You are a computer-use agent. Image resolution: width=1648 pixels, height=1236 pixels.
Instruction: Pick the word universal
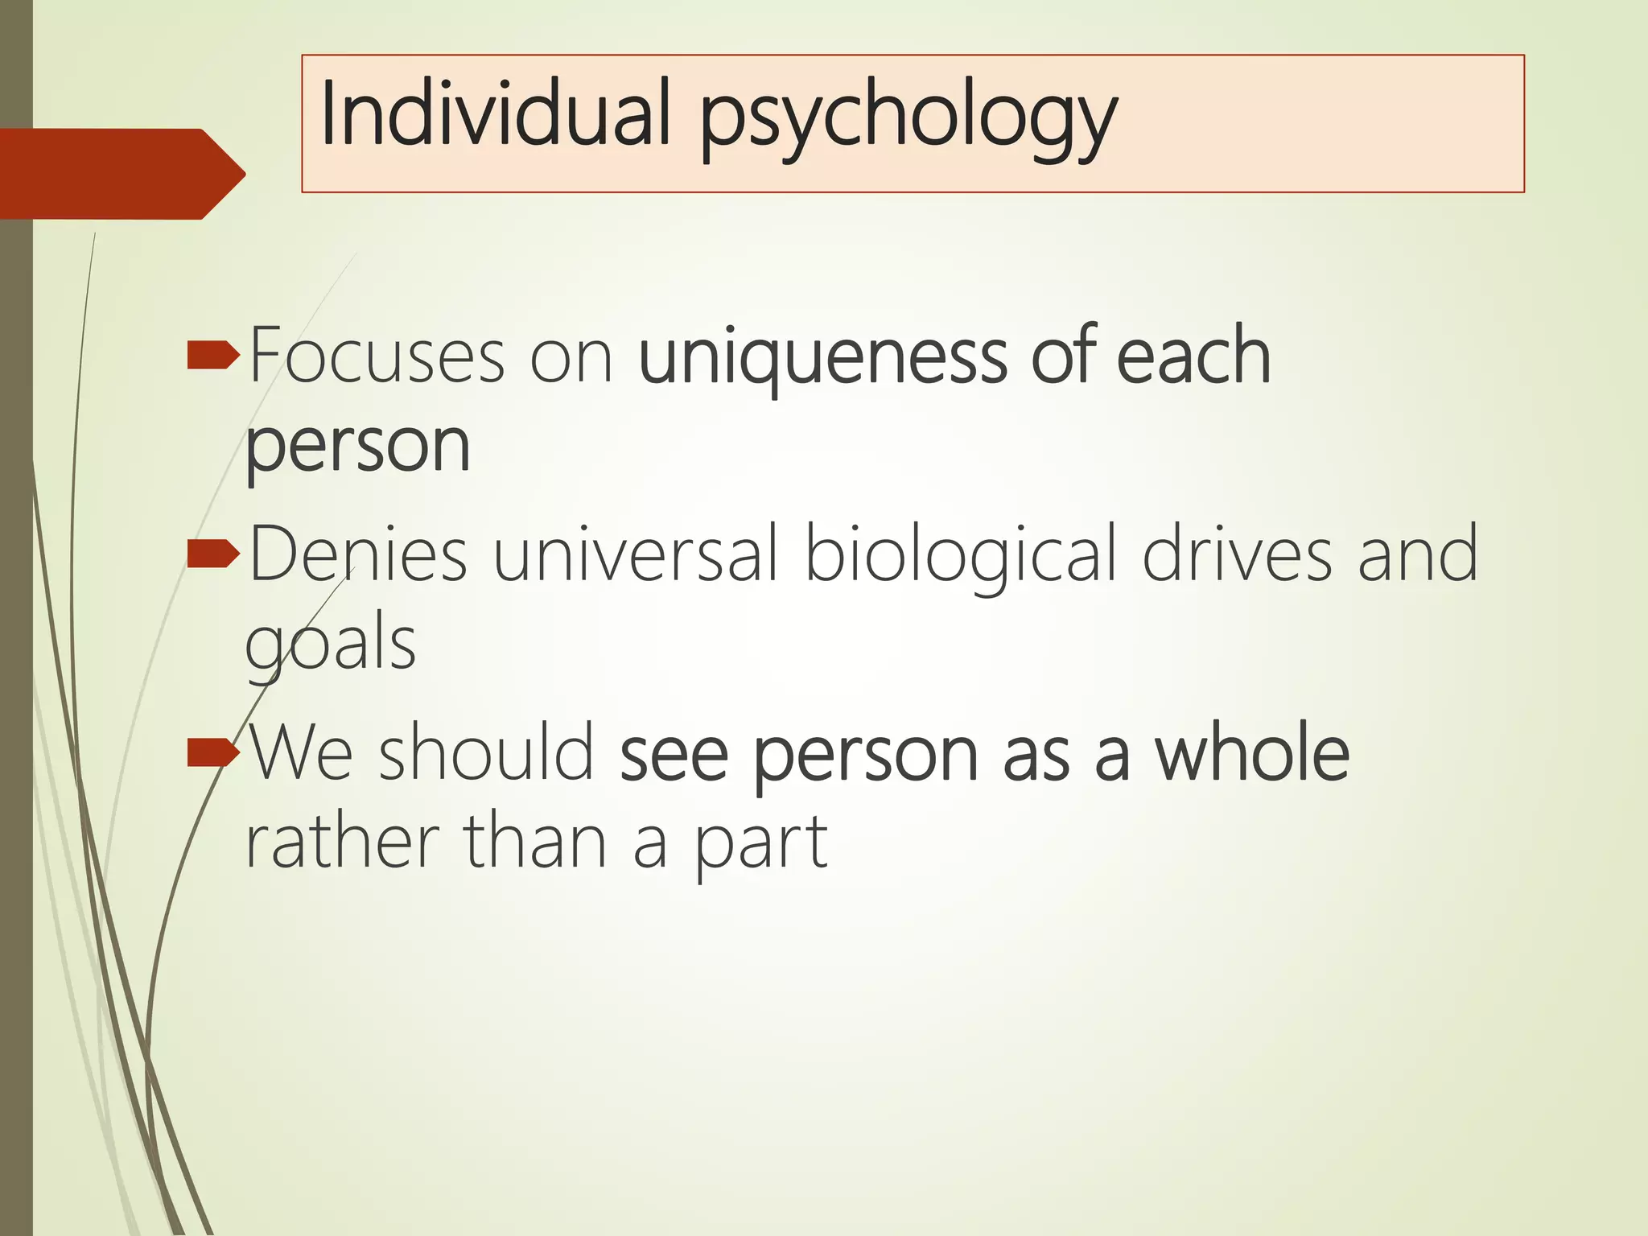[x=636, y=554]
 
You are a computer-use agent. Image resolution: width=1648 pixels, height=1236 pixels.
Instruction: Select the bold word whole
[x=1252, y=753]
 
